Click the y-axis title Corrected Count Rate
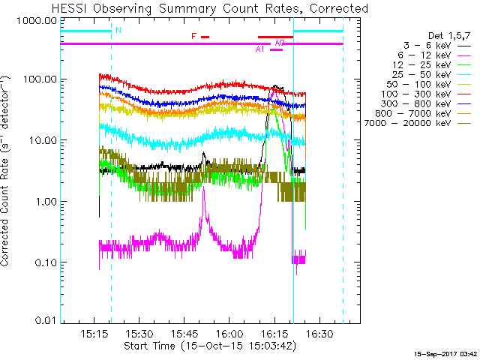6,171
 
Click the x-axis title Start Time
210,346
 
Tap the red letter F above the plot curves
194,36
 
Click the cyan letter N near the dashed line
118,30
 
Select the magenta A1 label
260,49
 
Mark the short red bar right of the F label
205,37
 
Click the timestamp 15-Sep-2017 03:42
446,352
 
